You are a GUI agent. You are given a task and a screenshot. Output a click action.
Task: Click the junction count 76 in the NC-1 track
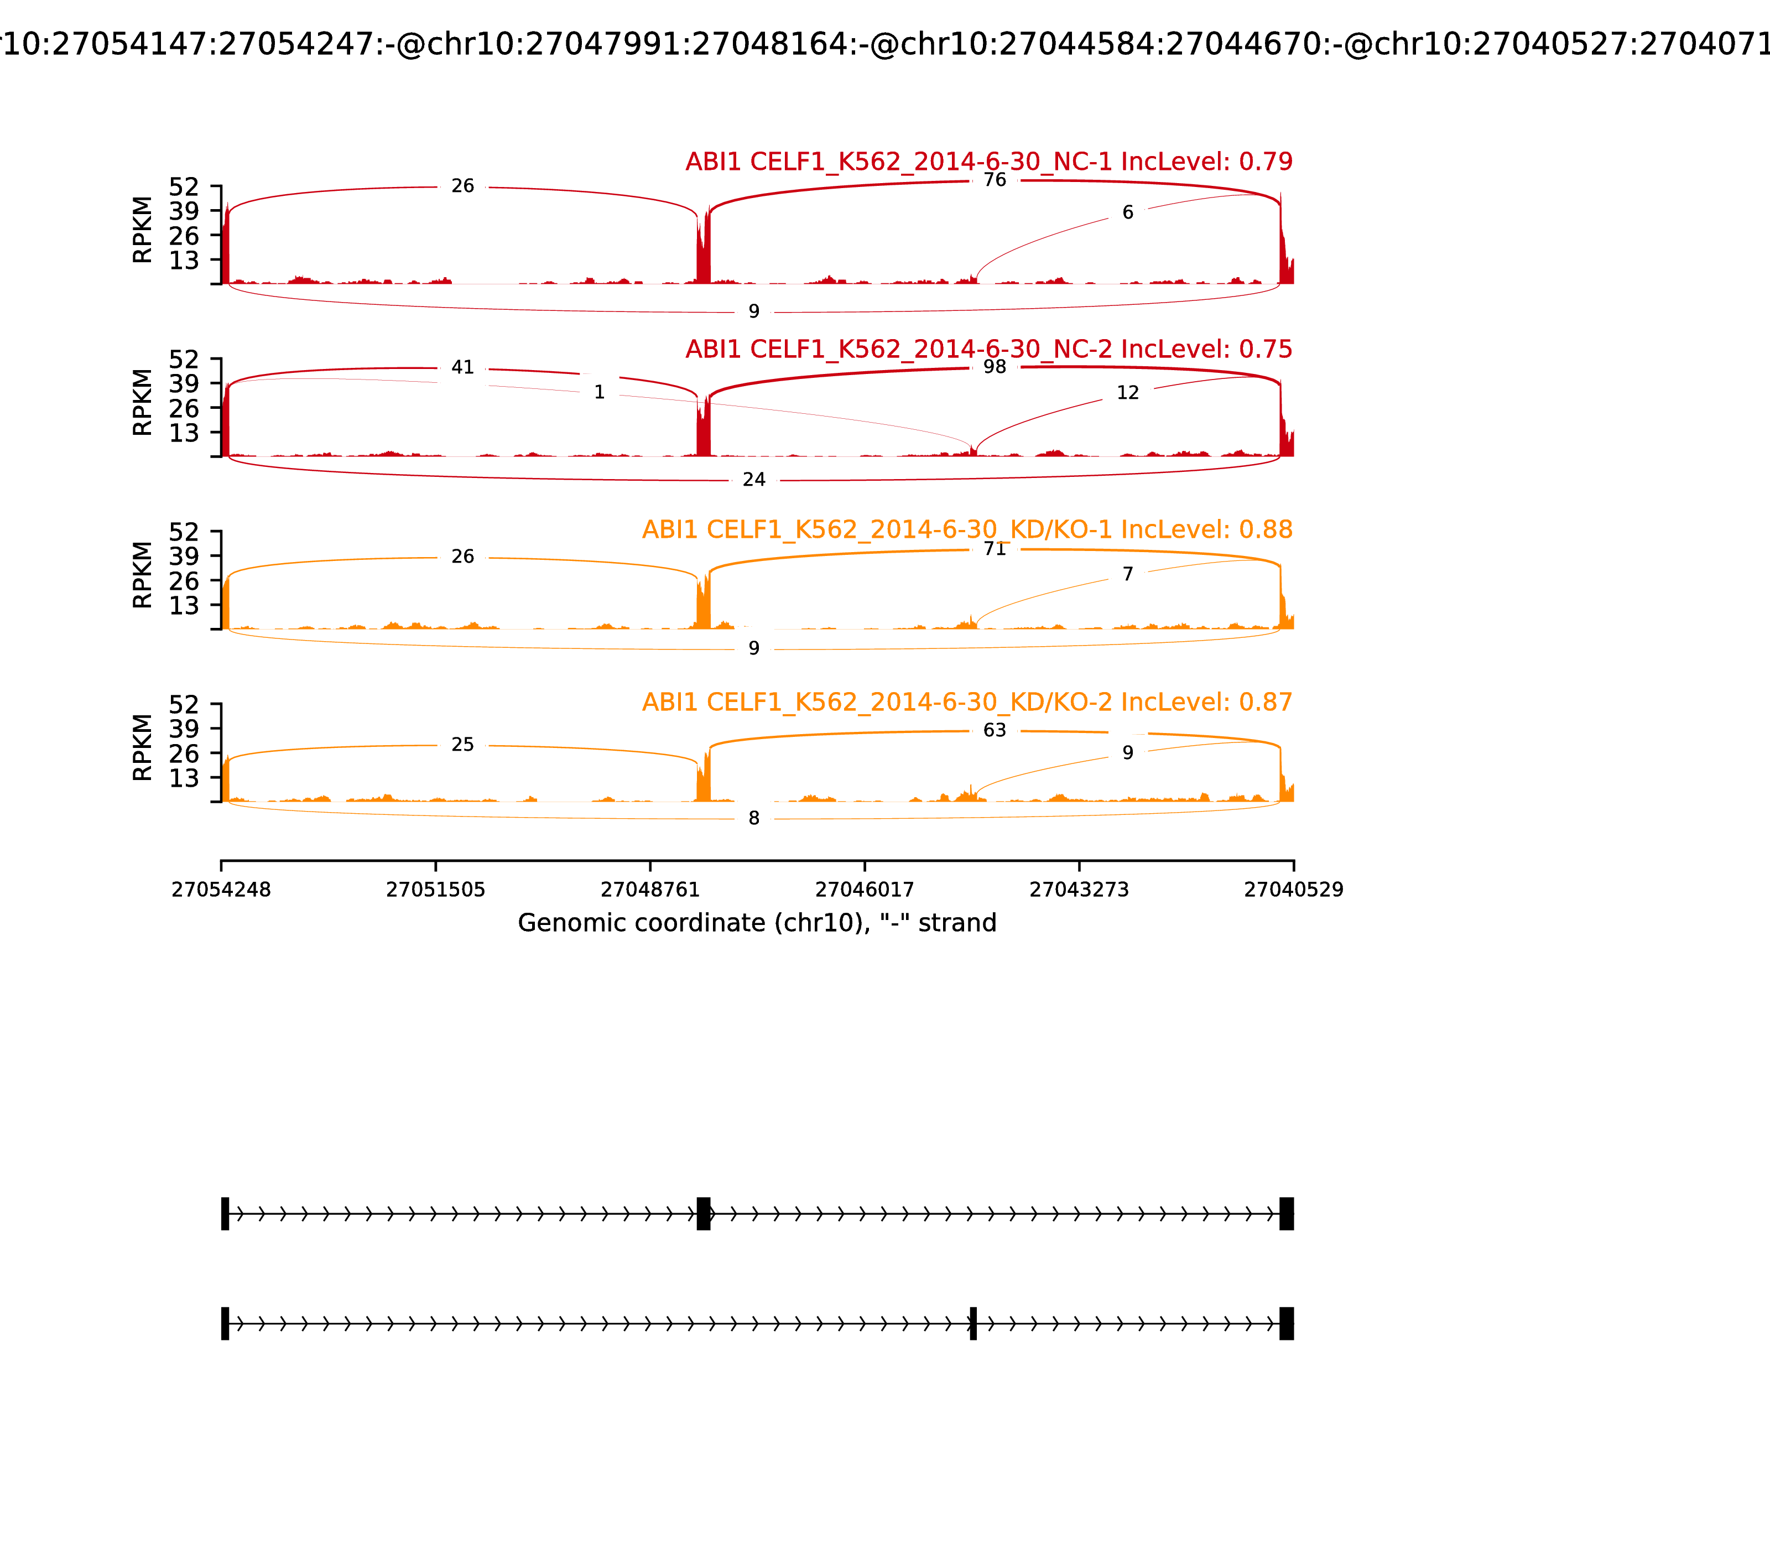pyautogui.click(x=995, y=180)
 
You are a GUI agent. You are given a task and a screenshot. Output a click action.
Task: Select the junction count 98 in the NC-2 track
pyautogui.click(x=995, y=366)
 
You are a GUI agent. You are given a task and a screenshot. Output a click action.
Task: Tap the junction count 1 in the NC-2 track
pyautogui.click(x=599, y=392)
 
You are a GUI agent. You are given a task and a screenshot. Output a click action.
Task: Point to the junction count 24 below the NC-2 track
pyautogui.click(x=753, y=480)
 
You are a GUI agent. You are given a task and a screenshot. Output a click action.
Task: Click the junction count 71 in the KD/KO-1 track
pyautogui.click(x=995, y=549)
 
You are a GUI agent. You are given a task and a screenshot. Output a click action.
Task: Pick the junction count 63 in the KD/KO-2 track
pyautogui.click(x=995, y=730)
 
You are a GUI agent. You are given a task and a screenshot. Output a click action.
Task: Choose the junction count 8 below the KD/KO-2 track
pyautogui.click(x=753, y=819)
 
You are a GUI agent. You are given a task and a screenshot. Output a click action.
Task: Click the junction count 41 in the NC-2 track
pyautogui.click(x=462, y=367)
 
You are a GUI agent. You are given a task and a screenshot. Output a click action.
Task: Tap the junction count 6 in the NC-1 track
pyautogui.click(x=1127, y=212)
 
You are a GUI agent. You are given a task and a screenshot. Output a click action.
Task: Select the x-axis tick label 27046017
pyautogui.click(x=864, y=890)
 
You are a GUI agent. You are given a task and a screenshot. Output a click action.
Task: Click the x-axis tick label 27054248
pyautogui.click(x=221, y=890)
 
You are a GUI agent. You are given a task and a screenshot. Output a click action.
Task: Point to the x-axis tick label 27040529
pyautogui.click(x=1293, y=890)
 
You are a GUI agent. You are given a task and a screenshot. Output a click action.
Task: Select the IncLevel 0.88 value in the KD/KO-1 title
pyautogui.click(x=1266, y=530)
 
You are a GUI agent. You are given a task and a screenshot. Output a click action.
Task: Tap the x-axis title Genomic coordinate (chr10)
pyautogui.click(x=757, y=923)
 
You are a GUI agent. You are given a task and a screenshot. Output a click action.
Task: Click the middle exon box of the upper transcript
pyautogui.click(x=704, y=1214)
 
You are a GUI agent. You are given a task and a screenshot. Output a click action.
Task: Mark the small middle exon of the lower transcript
pyautogui.click(x=973, y=1323)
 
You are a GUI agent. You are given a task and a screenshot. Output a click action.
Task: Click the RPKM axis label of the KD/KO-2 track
pyautogui.click(x=143, y=748)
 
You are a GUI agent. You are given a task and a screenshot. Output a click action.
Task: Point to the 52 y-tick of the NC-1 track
pyautogui.click(x=185, y=187)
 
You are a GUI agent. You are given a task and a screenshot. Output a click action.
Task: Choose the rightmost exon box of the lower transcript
pyautogui.click(x=1286, y=1323)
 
